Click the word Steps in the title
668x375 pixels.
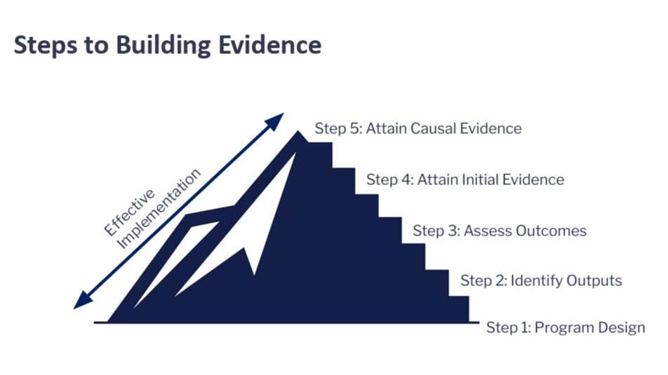43,46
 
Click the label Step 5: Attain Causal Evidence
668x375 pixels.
418,129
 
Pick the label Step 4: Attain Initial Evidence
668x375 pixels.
465,179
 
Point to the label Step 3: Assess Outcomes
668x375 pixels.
500,231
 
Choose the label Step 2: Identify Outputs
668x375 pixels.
541,281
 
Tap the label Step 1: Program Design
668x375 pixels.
566,327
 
